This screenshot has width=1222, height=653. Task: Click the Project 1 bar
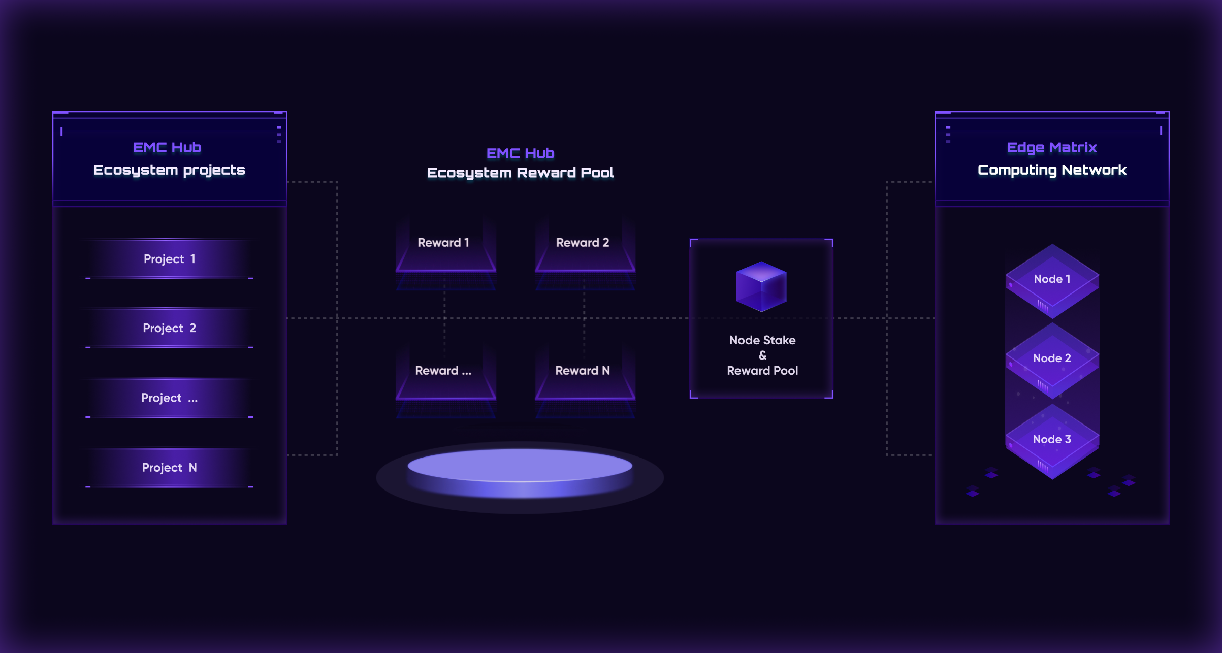169,259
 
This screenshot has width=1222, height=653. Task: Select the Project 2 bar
169,328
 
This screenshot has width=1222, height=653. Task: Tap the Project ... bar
169,398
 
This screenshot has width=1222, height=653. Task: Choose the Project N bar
169,468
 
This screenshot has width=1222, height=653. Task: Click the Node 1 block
1052,281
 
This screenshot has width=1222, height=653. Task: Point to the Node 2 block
1052,361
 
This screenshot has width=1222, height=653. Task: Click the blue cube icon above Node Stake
761,286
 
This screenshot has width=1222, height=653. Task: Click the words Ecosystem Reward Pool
520,173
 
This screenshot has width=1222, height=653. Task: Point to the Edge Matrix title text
1052,147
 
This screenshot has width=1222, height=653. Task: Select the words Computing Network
1052,170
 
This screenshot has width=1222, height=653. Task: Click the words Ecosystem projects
169,170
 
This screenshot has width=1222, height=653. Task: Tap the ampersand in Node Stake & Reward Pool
762,355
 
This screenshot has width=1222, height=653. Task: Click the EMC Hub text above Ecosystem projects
167,147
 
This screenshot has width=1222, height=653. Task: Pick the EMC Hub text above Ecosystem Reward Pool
520,153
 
